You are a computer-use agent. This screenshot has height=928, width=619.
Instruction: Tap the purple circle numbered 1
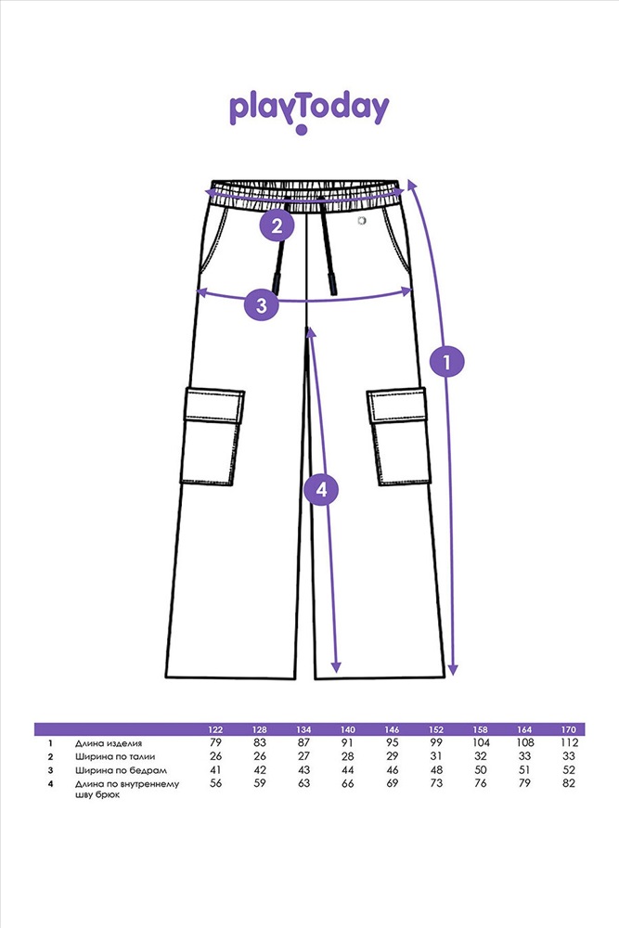point(448,362)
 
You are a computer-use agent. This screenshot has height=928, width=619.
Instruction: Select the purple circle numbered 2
point(277,225)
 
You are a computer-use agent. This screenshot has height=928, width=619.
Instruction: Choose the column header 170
point(569,729)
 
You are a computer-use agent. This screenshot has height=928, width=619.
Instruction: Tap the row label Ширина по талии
point(109,757)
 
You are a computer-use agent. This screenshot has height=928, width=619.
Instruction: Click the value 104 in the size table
point(481,743)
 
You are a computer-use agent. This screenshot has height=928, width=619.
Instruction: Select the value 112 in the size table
point(569,743)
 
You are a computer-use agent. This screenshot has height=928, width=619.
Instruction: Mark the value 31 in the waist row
point(436,757)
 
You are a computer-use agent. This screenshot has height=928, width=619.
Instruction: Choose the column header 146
point(393,729)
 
